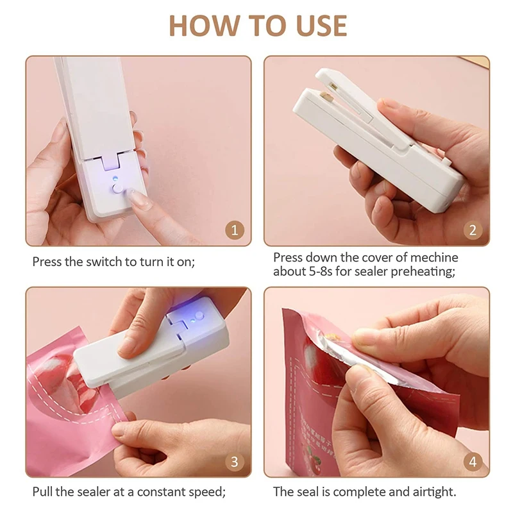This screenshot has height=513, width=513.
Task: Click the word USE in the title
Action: tap(321, 26)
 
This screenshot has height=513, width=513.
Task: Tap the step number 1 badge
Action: tap(235, 230)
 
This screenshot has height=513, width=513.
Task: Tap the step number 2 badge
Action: tap(473, 230)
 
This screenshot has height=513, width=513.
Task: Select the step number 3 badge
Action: tap(235, 462)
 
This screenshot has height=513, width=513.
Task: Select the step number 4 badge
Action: tap(473, 462)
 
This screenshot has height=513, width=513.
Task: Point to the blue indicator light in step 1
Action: tap(115, 178)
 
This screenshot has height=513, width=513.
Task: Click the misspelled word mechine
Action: tap(434, 258)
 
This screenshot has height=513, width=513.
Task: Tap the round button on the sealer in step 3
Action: tap(199, 315)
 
